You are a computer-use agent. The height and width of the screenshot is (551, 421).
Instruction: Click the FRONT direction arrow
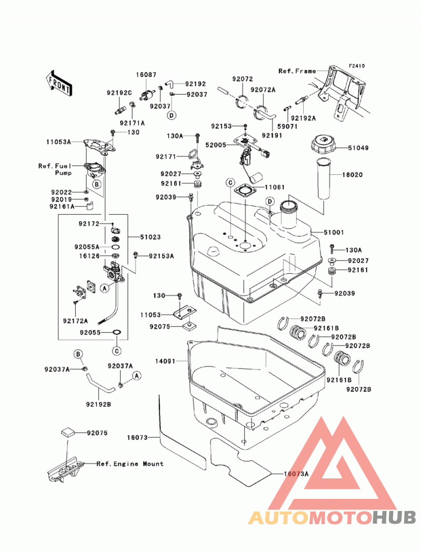pyautogui.click(x=59, y=83)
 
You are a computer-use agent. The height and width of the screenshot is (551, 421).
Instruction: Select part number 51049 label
pyautogui.click(x=358, y=148)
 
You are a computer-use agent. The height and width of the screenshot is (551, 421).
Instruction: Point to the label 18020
pyautogui.click(x=353, y=175)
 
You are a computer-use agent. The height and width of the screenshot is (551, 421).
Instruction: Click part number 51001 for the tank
pyautogui.click(x=334, y=232)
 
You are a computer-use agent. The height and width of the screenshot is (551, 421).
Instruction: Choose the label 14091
pyautogui.click(x=165, y=361)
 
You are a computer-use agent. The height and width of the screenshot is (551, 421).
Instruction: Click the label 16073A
pyautogui.click(x=296, y=474)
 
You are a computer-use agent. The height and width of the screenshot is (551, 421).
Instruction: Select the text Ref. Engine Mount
pyautogui.click(x=130, y=464)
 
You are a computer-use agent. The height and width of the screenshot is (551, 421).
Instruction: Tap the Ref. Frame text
pyautogui.click(x=297, y=71)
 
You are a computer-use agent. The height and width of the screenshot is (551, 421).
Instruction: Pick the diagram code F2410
pyautogui.click(x=357, y=66)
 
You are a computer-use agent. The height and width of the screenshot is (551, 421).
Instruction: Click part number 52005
pyautogui.click(x=216, y=145)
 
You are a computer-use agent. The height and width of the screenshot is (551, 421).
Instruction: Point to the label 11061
pyautogui.click(x=275, y=187)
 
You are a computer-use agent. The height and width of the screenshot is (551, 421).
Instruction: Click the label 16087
pyautogui.click(x=146, y=75)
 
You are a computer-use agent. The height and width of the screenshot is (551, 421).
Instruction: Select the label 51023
pyautogui.click(x=151, y=237)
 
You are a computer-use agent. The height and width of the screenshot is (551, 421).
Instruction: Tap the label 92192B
pyautogui.click(x=98, y=405)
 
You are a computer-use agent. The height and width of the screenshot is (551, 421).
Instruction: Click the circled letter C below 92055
pyautogui.click(x=117, y=350)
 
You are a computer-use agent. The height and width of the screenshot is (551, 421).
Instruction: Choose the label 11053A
pyautogui.click(x=58, y=142)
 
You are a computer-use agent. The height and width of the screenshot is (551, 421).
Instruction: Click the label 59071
pyautogui.click(x=287, y=126)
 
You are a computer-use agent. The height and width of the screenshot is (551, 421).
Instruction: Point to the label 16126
pyautogui.click(x=89, y=256)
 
